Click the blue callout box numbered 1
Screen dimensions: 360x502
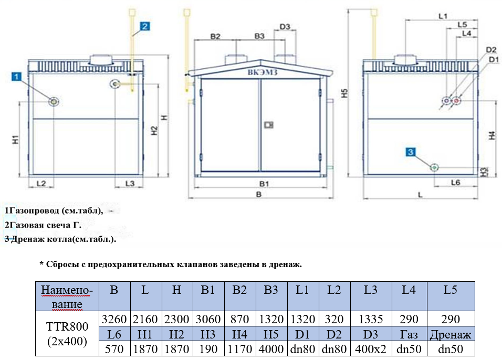pyautogui.click(x=17, y=77)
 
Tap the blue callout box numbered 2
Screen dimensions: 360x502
pyautogui.click(x=145, y=25)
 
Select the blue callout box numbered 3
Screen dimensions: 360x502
pyautogui.click(x=411, y=152)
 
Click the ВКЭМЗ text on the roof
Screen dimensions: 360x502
pyautogui.click(x=263, y=73)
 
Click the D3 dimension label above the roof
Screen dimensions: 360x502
pyautogui.click(x=285, y=27)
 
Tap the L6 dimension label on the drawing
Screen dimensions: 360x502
pyautogui.click(x=456, y=182)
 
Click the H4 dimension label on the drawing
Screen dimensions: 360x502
pyautogui.click(x=491, y=135)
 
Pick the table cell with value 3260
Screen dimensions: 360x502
pyautogui.click(x=114, y=319)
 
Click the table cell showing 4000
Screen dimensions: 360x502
pyautogui.click(x=271, y=348)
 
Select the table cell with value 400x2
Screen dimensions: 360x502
pyautogui.click(x=371, y=348)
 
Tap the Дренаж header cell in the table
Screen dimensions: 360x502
pyautogui.click(x=451, y=334)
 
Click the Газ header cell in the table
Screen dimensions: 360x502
pyautogui.click(x=409, y=334)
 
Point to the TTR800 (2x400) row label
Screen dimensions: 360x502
pyautogui.click(x=67, y=333)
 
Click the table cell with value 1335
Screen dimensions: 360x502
pyautogui.click(x=371, y=319)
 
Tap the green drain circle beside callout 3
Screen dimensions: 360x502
pyautogui.click(x=434, y=167)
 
